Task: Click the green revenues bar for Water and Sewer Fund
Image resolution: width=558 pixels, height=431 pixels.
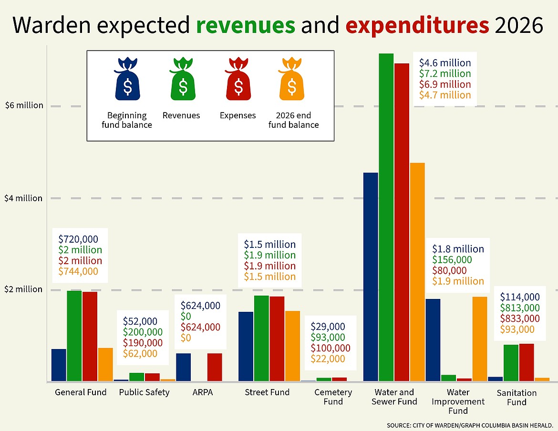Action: click(386, 217)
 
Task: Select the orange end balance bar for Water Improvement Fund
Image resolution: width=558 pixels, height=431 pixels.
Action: click(480, 339)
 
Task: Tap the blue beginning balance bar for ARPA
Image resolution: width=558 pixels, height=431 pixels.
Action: click(184, 367)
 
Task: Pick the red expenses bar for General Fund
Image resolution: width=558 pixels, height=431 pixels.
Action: click(90, 336)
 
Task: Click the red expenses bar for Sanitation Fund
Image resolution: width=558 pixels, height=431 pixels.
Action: click(527, 362)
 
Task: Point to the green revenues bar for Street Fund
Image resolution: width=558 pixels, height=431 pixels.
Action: click(261, 339)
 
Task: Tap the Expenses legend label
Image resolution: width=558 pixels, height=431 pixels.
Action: click(238, 115)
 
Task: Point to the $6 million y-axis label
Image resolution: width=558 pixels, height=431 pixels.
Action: click(24, 105)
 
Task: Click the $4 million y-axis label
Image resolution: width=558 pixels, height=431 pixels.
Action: click(24, 198)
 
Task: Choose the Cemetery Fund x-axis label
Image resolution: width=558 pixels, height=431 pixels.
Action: click(333, 397)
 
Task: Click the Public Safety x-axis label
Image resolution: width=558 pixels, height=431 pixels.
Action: click(144, 392)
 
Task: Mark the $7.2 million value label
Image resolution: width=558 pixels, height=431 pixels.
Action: click(445, 73)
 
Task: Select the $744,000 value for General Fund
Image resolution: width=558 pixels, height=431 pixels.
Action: click(78, 271)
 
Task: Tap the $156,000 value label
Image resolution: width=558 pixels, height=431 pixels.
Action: click(452, 260)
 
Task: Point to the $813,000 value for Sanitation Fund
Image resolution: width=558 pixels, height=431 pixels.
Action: click(520, 308)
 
